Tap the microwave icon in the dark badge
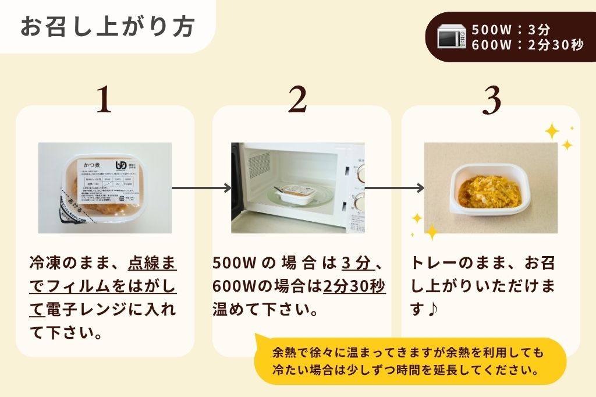click(452, 37)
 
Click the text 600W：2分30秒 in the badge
click(527, 45)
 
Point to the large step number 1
click(104, 100)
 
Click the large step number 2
click(297, 100)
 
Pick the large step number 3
click(492, 100)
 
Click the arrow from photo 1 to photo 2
click(201, 188)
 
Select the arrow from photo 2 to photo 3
click(394, 188)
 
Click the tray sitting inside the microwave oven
click(297, 193)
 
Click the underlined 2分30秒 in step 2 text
click(354, 286)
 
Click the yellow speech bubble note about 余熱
click(410, 361)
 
